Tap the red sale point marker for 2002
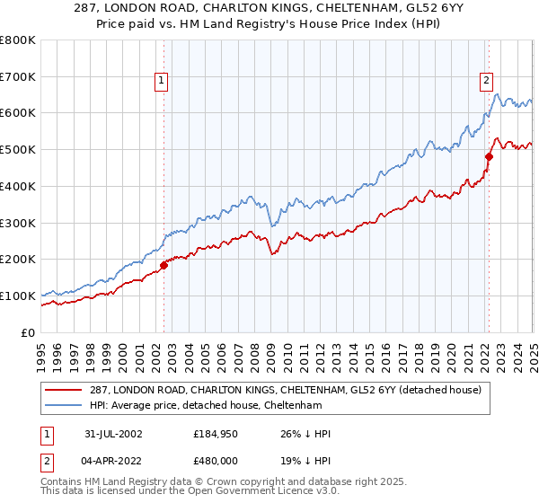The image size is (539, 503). [164, 264]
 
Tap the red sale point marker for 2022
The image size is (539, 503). [489, 156]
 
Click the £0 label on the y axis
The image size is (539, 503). [30, 332]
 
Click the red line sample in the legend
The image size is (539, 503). [65, 390]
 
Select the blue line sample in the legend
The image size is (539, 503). [65, 407]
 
